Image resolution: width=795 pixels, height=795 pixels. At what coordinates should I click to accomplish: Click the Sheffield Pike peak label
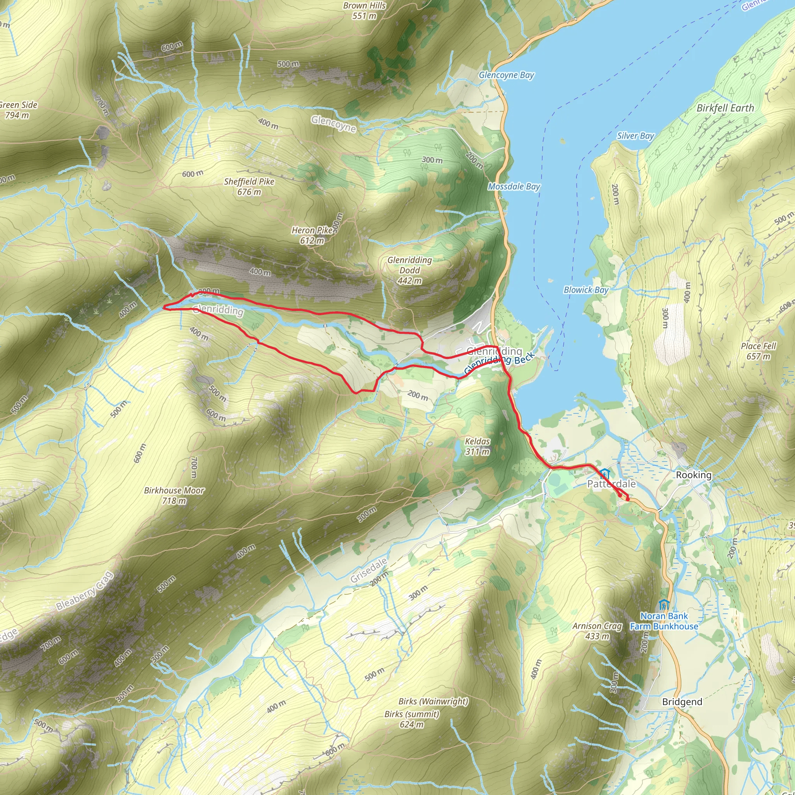click(249, 186)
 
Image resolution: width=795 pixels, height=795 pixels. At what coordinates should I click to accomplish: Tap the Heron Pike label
click(312, 235)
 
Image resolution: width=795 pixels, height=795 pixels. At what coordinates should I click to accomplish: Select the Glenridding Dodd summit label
click(410, 270)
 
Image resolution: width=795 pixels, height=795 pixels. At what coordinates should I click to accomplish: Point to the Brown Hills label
click(365, 11)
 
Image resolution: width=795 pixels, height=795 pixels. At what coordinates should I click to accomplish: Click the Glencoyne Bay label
click(506, 75)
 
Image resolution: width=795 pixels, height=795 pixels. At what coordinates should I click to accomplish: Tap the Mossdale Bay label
click(514, 187)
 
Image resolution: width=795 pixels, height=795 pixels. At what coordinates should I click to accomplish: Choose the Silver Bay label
click(635, 136)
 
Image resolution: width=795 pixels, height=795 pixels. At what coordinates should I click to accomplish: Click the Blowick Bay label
click(586, 290)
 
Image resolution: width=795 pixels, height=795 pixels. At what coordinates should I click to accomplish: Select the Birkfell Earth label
click(725, 108)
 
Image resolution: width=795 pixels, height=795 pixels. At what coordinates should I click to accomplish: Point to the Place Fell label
click(759, 351)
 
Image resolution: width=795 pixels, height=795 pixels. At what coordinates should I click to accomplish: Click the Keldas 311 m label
click(477, 446)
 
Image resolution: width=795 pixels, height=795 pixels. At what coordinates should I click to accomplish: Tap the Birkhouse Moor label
click(174, 495)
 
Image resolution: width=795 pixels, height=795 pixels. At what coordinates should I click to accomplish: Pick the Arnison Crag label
click(597, 631)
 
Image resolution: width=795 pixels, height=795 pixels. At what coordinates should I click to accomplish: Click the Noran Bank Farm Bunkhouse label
click(664, 621)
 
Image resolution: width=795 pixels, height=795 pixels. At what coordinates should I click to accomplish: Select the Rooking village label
click(693, 475)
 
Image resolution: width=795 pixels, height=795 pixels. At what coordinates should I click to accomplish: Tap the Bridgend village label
click(682, 701)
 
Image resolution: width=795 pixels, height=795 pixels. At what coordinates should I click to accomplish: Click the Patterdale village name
click(611, 484)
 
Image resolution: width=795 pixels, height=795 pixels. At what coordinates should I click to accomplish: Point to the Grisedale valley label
click(369, 570)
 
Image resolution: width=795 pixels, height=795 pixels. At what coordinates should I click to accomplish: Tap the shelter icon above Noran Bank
click(663, 604)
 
